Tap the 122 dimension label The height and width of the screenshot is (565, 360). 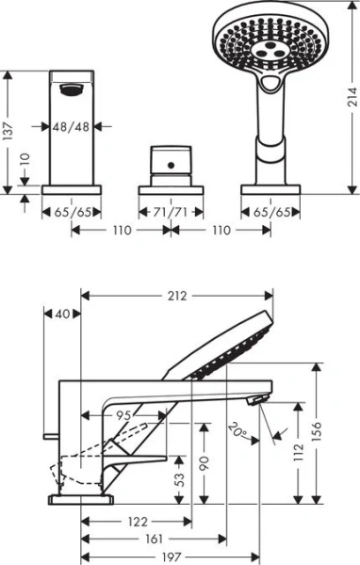[x=139, y=521]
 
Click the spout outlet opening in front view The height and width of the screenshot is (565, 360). [x=70, y=91]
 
